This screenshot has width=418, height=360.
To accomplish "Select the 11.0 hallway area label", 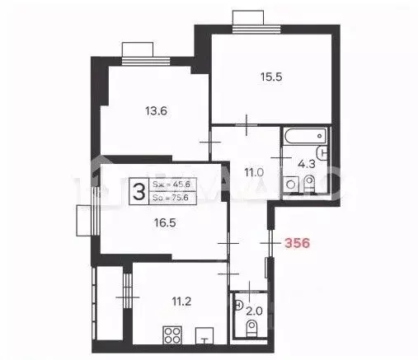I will coord(252,172).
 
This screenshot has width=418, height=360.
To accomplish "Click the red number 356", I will coord(297,244).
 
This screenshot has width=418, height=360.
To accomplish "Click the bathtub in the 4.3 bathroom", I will coord(305,136).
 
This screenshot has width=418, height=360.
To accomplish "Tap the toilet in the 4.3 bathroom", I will coord(310,183).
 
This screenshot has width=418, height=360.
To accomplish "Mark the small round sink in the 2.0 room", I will coord(238,305).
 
